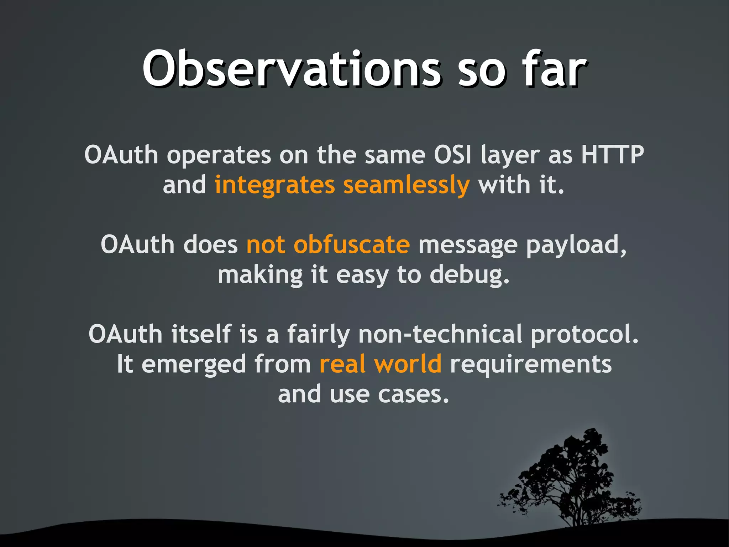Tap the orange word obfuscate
tap(351, 245)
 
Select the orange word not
tap(266, 245)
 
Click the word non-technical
tap(440, 334)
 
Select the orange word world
tap(407, 364)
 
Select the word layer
tap(510, 156)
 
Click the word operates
tap(219, 156)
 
